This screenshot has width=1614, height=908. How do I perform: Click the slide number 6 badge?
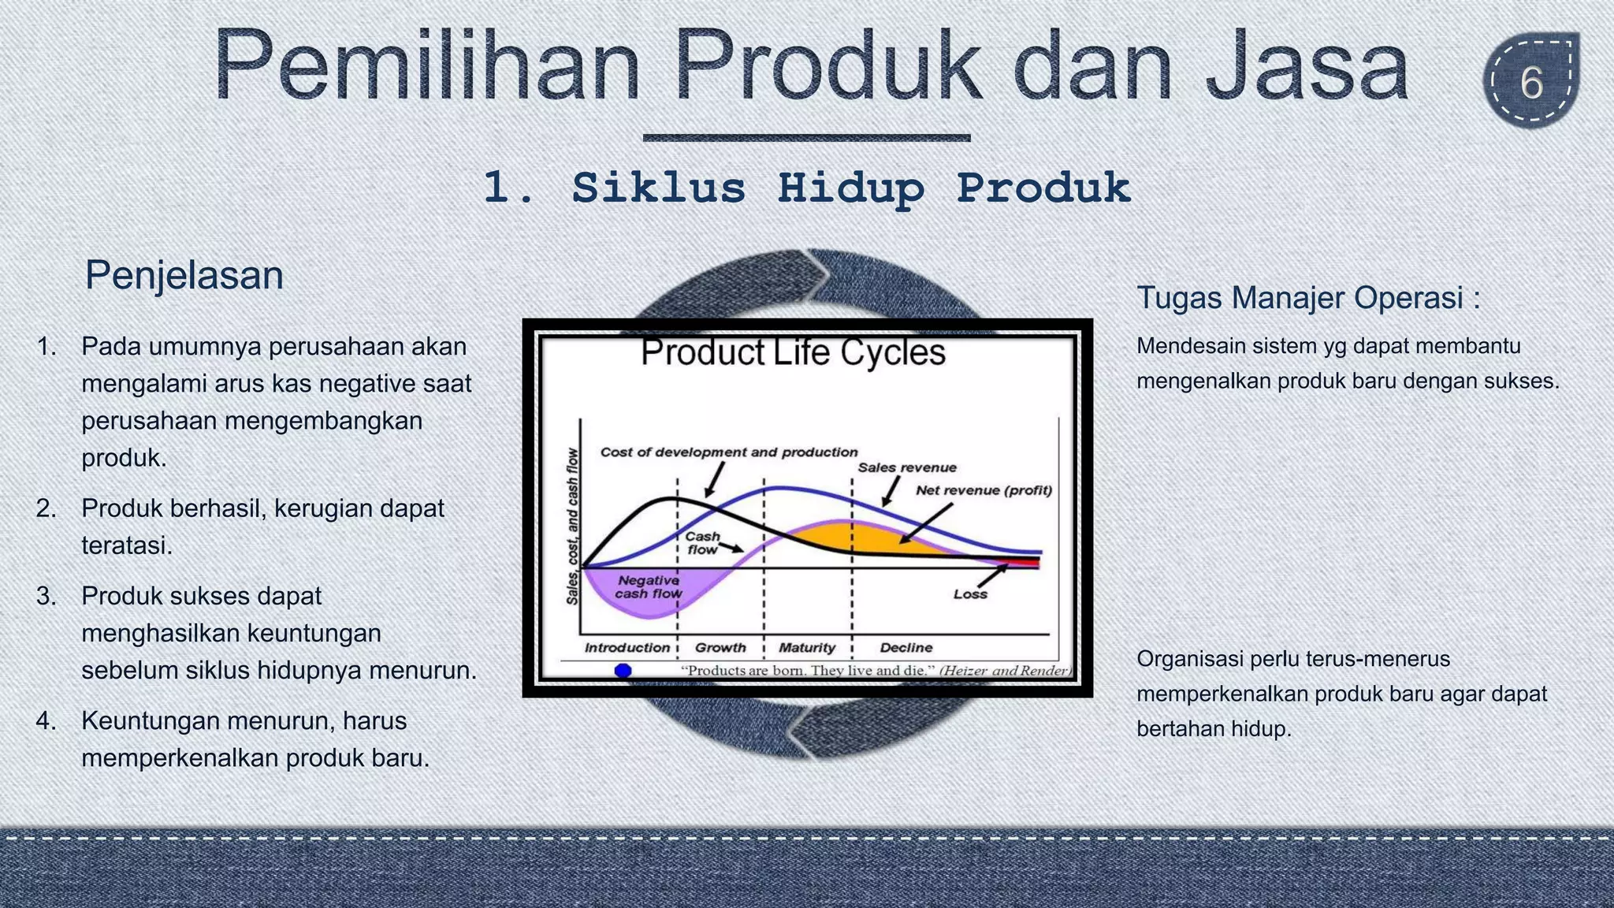1531,82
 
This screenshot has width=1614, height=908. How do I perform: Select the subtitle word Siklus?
658,189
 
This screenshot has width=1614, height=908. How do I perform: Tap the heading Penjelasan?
184,275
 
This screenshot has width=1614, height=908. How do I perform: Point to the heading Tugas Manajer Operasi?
1307,298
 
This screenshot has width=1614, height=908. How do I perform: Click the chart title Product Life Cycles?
793,352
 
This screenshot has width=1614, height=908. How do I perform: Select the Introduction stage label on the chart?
627,648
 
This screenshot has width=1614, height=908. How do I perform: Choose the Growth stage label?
720,648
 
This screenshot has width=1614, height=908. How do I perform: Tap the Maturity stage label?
807,648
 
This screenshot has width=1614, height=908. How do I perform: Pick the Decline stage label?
906,648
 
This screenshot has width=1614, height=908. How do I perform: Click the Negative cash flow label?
649,587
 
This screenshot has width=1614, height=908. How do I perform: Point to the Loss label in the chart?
970,594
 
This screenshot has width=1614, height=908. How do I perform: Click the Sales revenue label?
907,467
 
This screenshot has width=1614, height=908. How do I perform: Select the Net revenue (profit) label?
984,490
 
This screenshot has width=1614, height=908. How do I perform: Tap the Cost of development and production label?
729,452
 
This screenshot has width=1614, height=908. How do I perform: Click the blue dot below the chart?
623,671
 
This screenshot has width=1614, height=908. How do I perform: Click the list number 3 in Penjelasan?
46,596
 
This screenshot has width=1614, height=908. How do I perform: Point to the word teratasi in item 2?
127,545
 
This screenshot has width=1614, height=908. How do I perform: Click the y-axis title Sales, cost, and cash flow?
573,527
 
